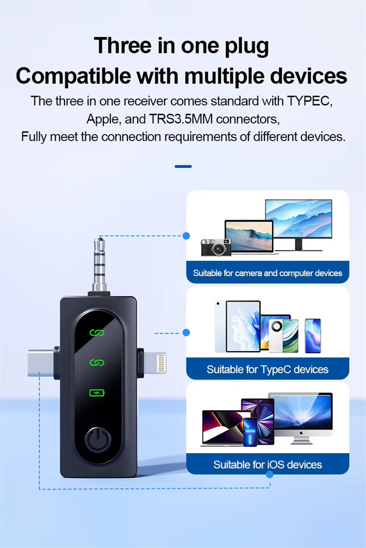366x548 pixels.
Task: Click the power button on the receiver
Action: pyautogui.click(x=98, y=439)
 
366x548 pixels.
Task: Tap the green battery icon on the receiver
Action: pyautogui.click(x=97, y=393)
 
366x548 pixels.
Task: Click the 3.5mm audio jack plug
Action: pyautogui.click(x=100, y=264)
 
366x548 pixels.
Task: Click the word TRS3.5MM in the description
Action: pyautogui.click(x=181, y=119)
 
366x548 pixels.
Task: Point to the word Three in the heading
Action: pyautogui.click(x=123, y=45)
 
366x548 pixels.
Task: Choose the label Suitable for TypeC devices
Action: pyautogui.click(x=267, y=369)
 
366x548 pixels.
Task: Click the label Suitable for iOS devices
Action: pyautogui.click(x=267, y=465)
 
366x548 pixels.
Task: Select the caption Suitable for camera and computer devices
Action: pyautogui.click(x=267, y=273)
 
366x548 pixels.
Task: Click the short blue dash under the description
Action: pyautogui.click(x=183, y=167)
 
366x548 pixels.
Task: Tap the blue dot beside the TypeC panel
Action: pyautogui.click(x=186, y=332)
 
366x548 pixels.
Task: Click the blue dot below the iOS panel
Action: pyautogui.click(x=269, y=474)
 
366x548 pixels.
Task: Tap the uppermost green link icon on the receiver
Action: pyautogui.click(x=97, y=333)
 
